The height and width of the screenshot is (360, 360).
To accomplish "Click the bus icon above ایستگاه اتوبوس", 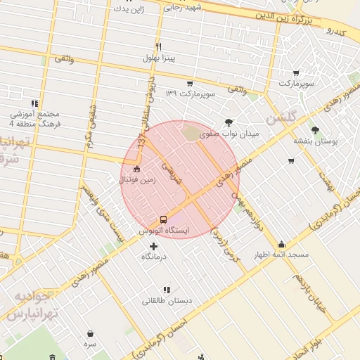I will (163, 219).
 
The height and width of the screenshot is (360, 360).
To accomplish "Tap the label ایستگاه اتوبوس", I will (163, 231).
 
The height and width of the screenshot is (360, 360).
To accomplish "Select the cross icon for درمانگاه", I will (154, 245).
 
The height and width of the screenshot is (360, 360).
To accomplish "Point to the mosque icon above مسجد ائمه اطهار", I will (281, 244).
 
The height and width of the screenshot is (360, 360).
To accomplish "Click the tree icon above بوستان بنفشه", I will (314, 130).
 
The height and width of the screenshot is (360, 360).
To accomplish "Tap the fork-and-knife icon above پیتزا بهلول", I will (159, 46).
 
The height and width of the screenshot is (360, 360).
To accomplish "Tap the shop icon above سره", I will (90, 334).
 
